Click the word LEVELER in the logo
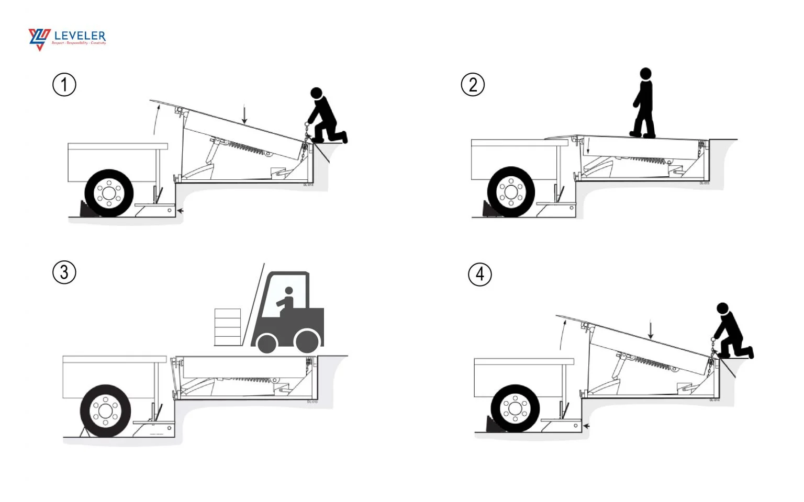[x=80, y=36]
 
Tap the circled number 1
[x=64, y=85]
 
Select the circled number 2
[x=472, y=85]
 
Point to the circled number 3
[x=64, y=272]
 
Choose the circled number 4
[x=479, y=274]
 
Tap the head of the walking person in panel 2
[x=645, y=74]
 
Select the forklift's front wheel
[x=267, y=343]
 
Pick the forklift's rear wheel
[x=307, y=341]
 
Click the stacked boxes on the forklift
[x=228, y=327]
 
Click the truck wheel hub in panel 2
[x=511, y=191]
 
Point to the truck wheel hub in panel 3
[x=105, y=411]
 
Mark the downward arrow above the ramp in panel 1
[x=244, y=115]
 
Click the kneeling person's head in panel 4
[x=722, y=308]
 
